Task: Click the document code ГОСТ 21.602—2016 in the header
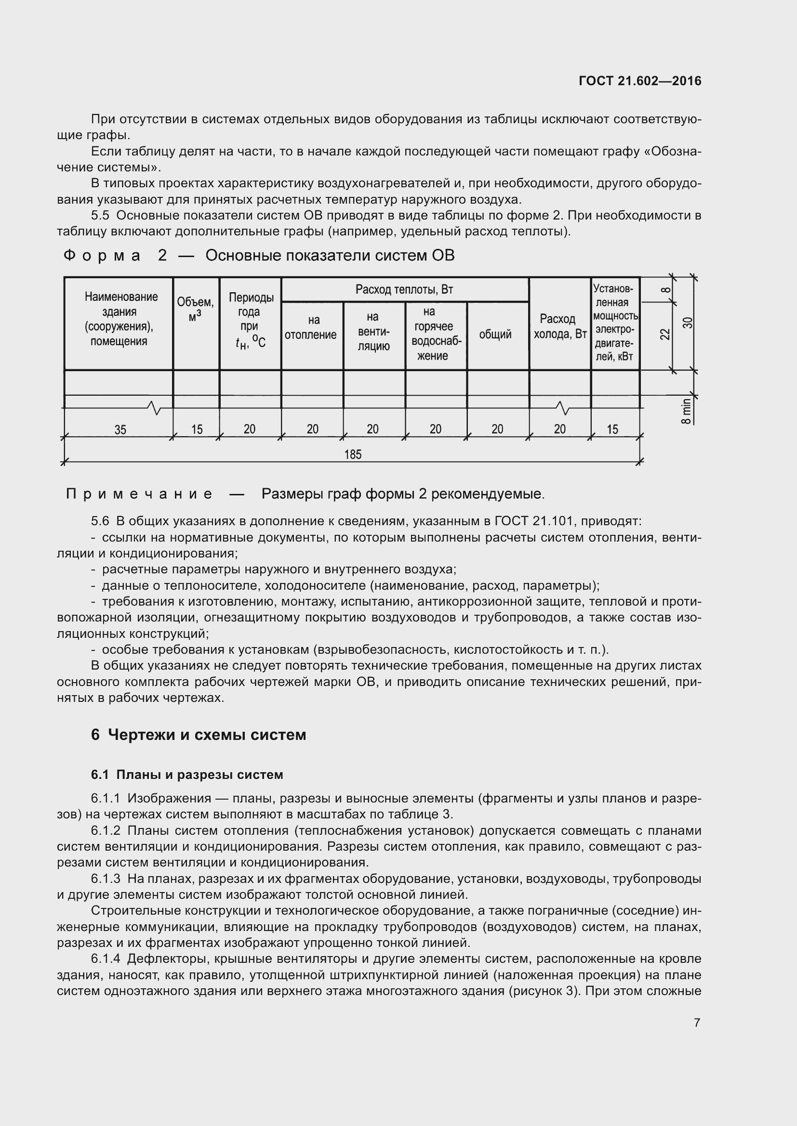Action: pos(639,81)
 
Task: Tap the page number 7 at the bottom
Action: pos(697,1022)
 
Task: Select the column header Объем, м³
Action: pos(195,310)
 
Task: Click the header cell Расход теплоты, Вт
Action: pos(404,289)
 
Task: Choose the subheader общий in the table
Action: pos(495,335)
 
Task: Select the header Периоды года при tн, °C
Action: pos(250,319)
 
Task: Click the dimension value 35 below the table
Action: pos(120,429)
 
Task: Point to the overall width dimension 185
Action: pos(352,454)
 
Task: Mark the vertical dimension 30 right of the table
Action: pos(688,323)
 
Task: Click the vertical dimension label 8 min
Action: pos(687,411)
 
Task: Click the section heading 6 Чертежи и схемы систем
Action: pos(198,735)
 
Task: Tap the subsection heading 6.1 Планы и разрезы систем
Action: pos(187,775)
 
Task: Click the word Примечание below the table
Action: pos(139,494)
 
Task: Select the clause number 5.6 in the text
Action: pos(100,521)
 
